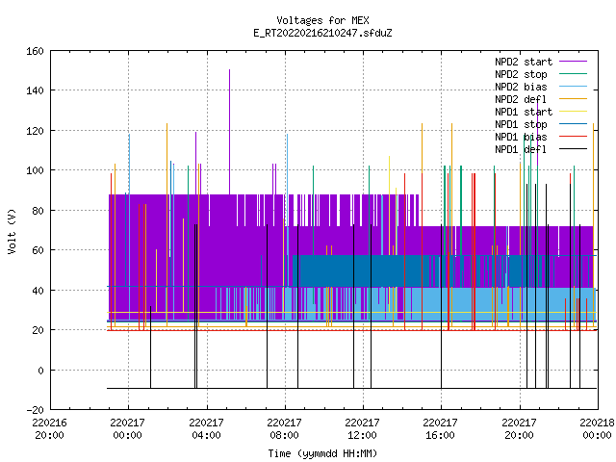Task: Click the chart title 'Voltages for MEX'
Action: (322, 20)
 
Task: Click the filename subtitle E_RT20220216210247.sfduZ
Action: (322, 33)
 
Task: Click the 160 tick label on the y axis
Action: (35, 51)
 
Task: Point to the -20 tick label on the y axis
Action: (35, 410)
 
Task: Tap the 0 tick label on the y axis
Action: (40, 370)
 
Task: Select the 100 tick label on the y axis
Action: (35, 170)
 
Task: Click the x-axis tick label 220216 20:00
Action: (49, 429)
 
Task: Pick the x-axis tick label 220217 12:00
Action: (362, 429)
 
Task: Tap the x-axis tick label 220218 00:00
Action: (597, 429)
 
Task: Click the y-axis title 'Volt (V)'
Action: (13, 231)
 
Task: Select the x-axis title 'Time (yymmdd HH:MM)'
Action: (322, 453)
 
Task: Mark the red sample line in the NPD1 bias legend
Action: (573, 137)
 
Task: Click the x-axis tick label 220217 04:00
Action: (206, 429)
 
